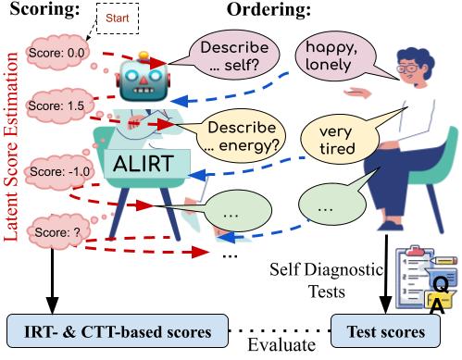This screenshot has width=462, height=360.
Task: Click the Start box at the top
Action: coord(116,17)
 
